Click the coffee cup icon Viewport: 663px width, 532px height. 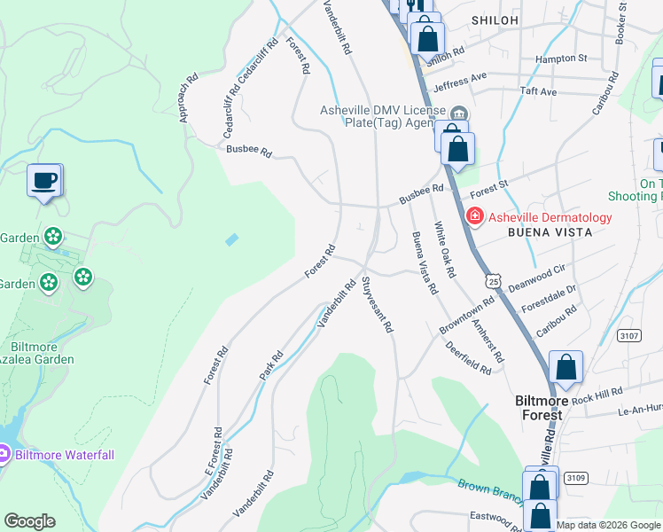43,181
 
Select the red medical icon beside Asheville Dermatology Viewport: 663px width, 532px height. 474,216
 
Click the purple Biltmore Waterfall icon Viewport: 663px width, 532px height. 4,456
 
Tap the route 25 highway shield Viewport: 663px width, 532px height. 492,281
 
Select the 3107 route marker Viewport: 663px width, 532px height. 630,336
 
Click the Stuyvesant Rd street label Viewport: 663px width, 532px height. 377,306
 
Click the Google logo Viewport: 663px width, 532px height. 29,522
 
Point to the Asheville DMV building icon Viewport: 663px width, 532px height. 459,113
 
